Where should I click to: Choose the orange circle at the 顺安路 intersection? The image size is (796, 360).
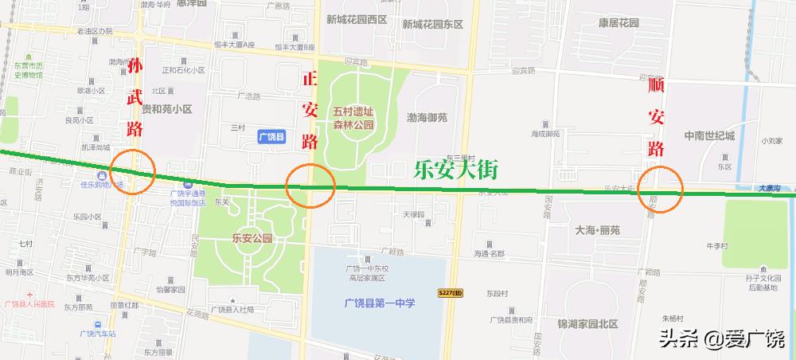(x=661, y=190)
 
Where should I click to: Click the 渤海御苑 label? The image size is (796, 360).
(x=427, y=118)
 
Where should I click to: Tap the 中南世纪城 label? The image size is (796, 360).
(x=709, y=135)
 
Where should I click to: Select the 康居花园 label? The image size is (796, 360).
(x=618, y=23)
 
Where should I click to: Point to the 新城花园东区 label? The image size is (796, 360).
(x=432, y=23)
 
